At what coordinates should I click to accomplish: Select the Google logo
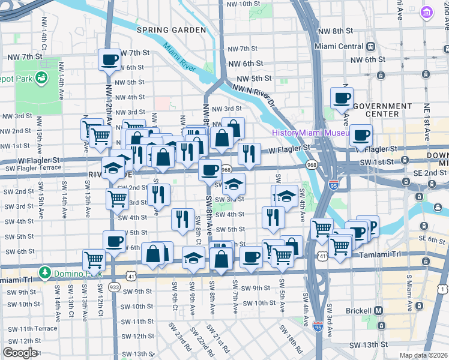[20, 353]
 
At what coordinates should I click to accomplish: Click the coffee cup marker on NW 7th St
[110, 60]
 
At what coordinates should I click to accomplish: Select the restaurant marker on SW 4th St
[182, 220]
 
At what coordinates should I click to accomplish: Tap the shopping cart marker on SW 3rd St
[118, 198]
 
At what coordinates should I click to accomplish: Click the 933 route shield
[113, 288]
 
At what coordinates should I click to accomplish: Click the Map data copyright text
[424, 355]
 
